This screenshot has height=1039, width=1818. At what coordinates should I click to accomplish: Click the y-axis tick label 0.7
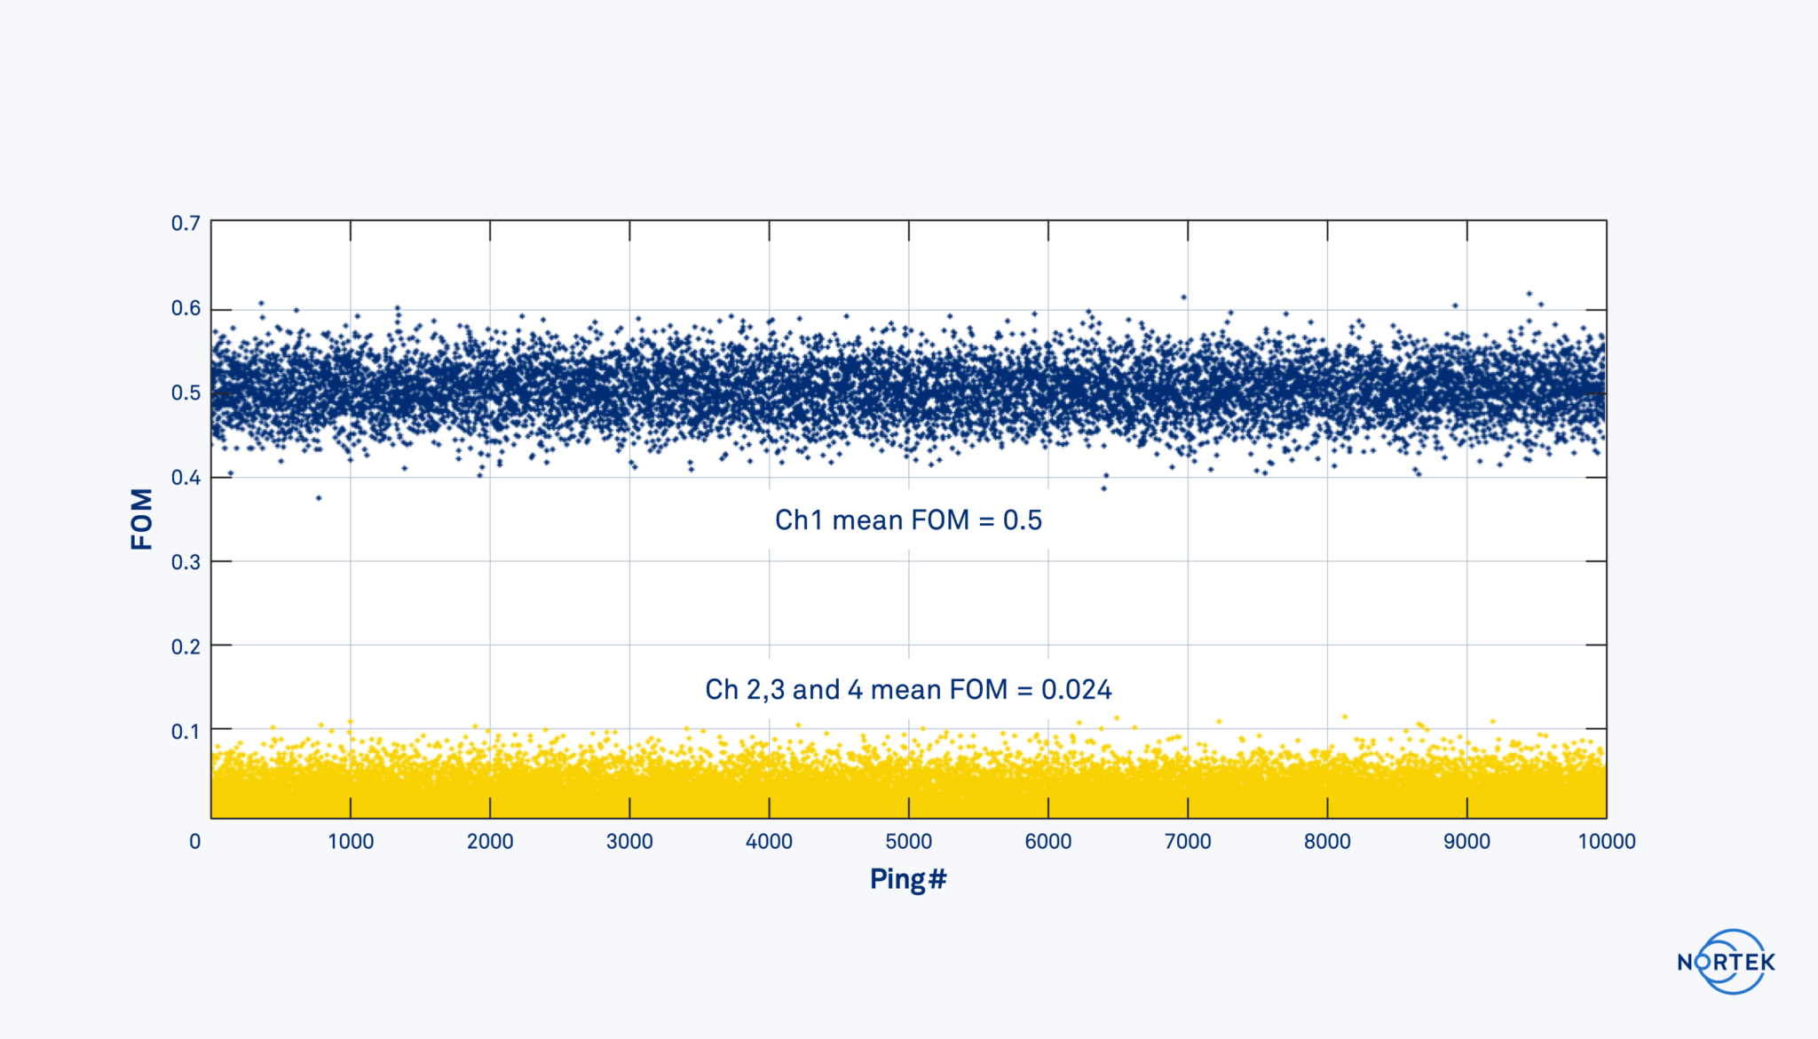click(186, 223)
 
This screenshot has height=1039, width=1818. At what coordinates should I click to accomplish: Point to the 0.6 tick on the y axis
click(186, 308)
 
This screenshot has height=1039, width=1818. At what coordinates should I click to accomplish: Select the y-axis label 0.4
click(186, 478)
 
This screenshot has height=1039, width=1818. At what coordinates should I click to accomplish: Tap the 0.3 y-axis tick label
click(186, 562)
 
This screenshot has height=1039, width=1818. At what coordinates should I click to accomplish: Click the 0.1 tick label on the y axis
click(186, 732)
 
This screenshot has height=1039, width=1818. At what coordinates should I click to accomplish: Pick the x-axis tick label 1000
click(351, 842)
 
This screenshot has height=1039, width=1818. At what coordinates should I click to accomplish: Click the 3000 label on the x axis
click(629, 842)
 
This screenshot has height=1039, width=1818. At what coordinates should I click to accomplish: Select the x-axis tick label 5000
click(908, 842)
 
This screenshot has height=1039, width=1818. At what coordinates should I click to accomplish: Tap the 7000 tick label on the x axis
click(1188, 842)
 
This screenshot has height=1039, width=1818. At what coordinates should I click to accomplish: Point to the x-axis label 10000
click(1606, 842)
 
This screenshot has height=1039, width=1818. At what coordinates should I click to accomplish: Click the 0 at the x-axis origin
click(195, 842)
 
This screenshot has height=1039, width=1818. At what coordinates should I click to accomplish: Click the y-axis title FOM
click(142, 519)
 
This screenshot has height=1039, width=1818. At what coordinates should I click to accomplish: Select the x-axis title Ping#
click(908, 879)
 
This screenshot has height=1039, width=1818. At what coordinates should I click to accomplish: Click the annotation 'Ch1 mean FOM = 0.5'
click(908, 520)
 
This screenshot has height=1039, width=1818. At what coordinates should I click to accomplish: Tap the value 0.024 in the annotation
click(1076, 690)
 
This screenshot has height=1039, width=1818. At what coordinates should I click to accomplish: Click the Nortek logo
click(1727, 962)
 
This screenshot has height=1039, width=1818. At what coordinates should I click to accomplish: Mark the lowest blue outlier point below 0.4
click(319, 498)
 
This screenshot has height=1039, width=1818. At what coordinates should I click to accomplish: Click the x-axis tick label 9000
click(1466, 842)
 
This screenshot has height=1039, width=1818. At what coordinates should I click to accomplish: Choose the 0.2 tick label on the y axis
click(186, 646)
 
